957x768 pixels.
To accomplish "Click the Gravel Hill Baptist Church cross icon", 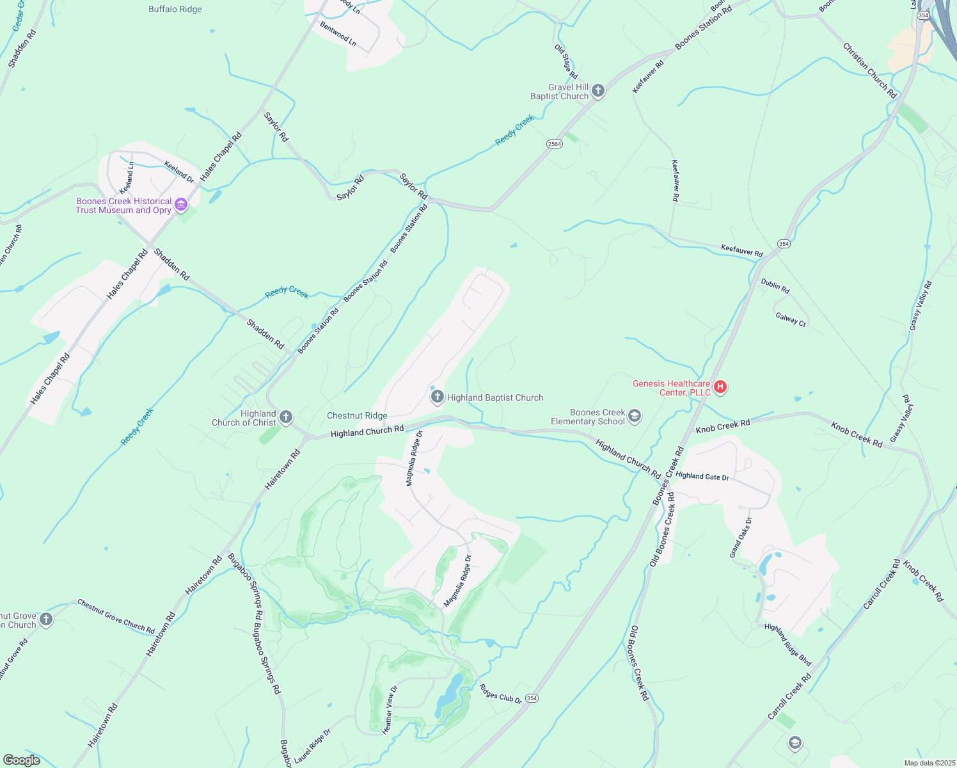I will [x=598, y=91].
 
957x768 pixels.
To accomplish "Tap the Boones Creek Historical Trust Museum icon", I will [x=181, y=205].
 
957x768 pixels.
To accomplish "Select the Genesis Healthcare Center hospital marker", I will [x=720, y=387].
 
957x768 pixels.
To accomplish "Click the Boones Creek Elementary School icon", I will [x=634, y=417].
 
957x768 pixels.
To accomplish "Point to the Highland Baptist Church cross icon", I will [x=437, y=397].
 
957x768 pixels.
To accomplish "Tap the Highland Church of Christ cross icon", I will [x=286, y=418].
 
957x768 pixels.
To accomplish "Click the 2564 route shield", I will [x=554, y=144].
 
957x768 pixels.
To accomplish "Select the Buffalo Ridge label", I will [x=175, y=10].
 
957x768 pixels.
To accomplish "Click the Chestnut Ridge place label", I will [x=357, y=415].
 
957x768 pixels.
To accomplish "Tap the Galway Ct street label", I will [x=791, y=319].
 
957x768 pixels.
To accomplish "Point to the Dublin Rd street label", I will [x=775, y=285].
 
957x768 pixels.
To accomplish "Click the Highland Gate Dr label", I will [x=702, y=476].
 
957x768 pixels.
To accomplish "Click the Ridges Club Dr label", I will [x=500, y=694].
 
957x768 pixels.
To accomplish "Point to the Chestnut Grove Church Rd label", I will [x=116, y=616].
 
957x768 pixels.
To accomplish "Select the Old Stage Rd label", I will [x=566, y=61].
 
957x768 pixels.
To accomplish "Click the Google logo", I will [x=21, y=760].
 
